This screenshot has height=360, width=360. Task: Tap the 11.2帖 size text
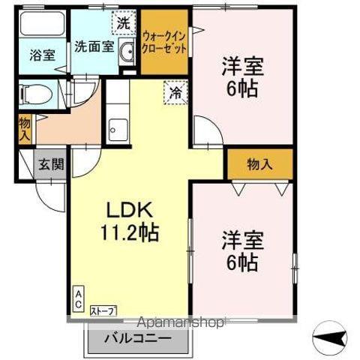click(x=126, y=232)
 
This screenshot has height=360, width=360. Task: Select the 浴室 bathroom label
click(x=32, y=55)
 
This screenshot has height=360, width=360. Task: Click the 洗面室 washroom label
click(x=94, y=46)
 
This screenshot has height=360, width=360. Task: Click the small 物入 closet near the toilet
click(x=23, y=130)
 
